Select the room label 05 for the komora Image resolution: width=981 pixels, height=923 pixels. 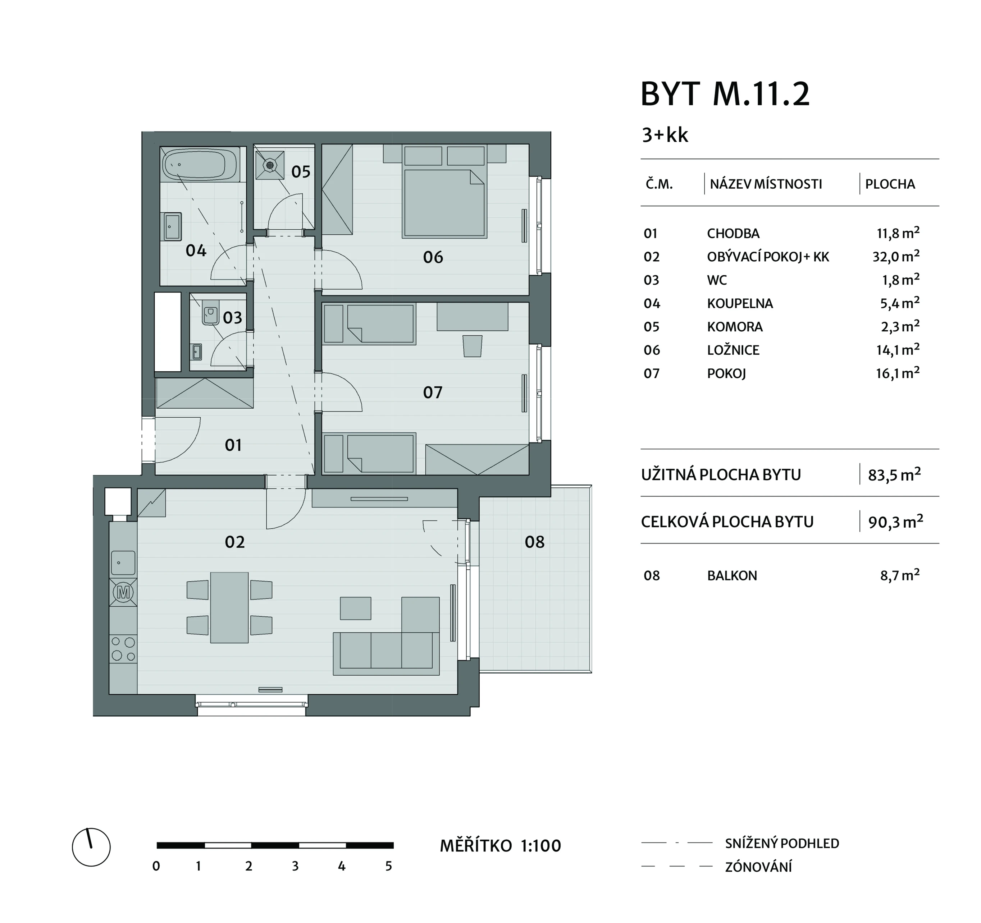pos(301,172)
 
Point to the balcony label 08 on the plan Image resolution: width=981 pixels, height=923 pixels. pos(534,542)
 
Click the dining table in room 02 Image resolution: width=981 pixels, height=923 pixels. pos(229,607)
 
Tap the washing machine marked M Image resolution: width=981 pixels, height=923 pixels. pos(123,592)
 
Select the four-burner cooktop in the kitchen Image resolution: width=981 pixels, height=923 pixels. pos(123,649)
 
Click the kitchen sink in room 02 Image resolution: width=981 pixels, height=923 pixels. pos(123,563)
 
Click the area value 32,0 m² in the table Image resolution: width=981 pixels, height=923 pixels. pos(896,257)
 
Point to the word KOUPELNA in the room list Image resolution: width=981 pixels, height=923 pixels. pos(740,303)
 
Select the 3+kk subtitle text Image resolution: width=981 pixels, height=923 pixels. pos(665,135)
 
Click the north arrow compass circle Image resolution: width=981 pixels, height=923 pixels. pos(91,847)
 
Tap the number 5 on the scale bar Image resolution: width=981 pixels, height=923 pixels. pos(389,866)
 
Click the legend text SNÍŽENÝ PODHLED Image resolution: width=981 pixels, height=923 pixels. pos(782,844)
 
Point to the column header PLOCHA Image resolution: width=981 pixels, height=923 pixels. pos(890,184)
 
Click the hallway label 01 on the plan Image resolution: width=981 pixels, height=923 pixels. pos(233,445)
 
